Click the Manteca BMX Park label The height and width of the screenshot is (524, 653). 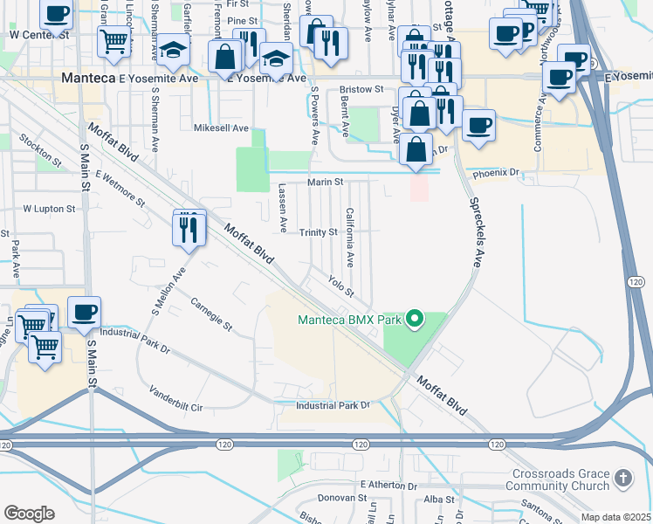tap(349, 320)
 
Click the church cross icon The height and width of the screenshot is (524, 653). tap(622, 478)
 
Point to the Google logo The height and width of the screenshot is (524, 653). tap(29, 514)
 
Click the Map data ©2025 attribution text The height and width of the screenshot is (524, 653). tap(615, 517)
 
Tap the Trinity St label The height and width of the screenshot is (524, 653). tap(319, 232)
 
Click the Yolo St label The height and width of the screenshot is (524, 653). tap(340, 285)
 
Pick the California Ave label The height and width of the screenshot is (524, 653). tap(349, 238)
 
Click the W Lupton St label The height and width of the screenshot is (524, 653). tap(49, 209)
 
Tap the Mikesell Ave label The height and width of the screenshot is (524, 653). tap(221, 128)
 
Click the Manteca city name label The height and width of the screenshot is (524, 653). tap(88, 78)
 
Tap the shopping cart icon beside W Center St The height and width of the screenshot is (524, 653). tap(113, 40)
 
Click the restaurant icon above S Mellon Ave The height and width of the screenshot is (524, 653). tap(189, 229)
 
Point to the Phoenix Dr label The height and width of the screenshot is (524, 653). tap(496, 173)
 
